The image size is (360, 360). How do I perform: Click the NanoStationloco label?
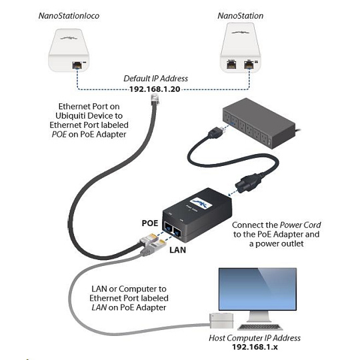tap(69, 16)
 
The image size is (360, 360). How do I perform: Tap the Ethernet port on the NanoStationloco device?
tap(77, 65)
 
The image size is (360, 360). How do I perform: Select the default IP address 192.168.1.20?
tap(155, 89)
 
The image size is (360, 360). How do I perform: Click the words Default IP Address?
tap(155, 79)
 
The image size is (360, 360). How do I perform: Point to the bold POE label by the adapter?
tap(150, 223)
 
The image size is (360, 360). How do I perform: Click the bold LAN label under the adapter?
tap(178, 250)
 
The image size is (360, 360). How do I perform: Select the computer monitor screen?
tap(257, 289)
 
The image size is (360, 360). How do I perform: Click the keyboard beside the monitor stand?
tap(259, 327)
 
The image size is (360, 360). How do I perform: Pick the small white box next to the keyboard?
tap(221, 321)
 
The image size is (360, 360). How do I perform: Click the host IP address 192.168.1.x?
tap(255, 347)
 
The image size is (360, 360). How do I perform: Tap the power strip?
tap(259, 123)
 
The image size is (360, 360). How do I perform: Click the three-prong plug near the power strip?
tap(216, 132)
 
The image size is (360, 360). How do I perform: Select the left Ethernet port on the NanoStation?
tap(231, 64)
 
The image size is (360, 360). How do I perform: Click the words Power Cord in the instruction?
tap(301, 225)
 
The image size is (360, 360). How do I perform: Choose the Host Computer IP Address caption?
tap(255, 338)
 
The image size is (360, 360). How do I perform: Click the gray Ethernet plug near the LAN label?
tap(153, 247)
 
